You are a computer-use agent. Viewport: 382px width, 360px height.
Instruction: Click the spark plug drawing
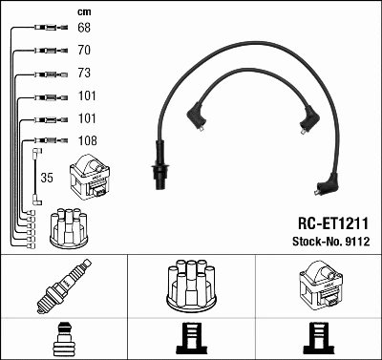pos(63,287)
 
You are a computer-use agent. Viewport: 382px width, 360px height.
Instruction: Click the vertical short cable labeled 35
pos(35,176)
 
